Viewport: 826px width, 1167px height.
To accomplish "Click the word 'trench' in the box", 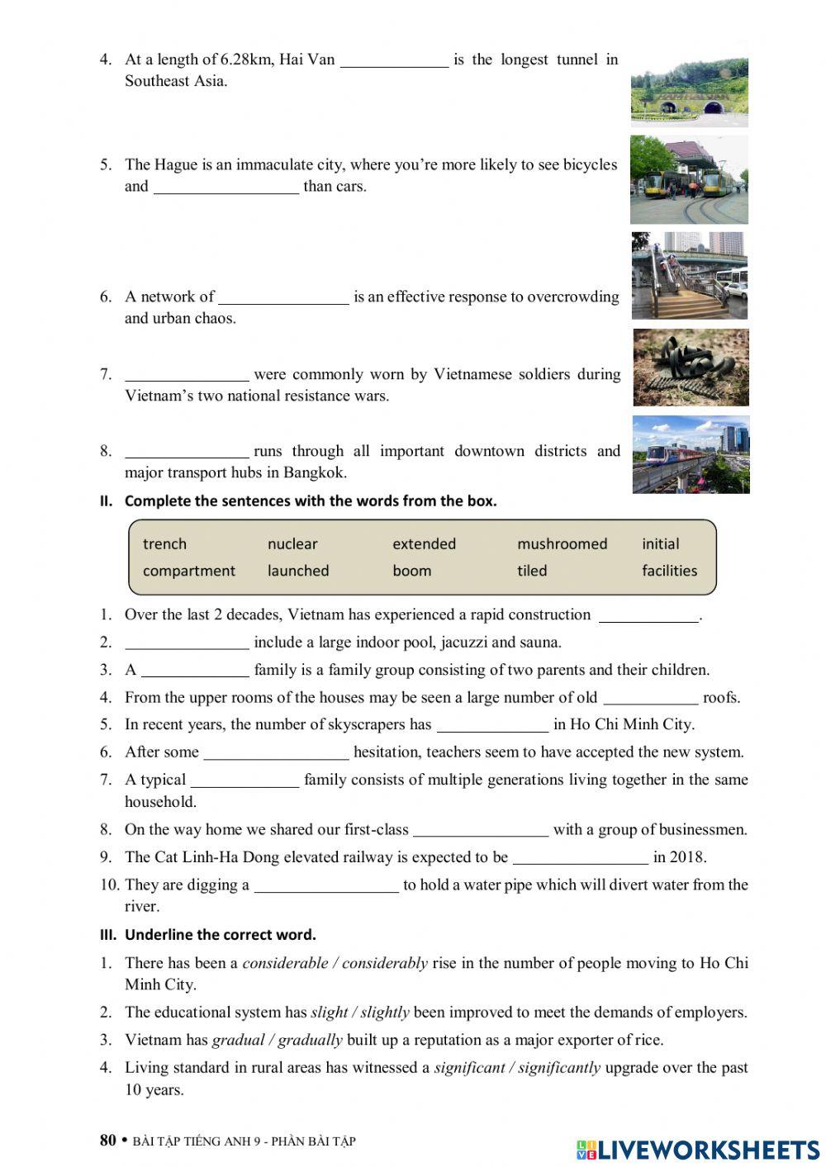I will coord(164,543).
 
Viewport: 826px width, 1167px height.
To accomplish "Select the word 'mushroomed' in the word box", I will coord(562,543).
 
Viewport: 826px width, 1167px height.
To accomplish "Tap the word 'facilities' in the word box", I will coord(669,571).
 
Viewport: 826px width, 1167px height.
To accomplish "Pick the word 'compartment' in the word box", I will coord(188,571).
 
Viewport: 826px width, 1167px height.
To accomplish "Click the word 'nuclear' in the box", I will coord(292,543).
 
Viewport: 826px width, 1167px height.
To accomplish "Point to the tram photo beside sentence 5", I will coord(689,180).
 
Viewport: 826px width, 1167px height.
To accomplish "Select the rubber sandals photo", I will coord(691,368).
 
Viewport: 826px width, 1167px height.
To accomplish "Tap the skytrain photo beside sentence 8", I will coord(691,455).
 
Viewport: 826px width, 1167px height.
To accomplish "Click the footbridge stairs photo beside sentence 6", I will coord(689,275).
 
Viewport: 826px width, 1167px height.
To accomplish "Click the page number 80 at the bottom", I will coord(108,1141).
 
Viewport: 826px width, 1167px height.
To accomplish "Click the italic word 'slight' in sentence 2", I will coord(329,1013).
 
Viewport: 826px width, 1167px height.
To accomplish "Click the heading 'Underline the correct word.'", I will coord(220,935).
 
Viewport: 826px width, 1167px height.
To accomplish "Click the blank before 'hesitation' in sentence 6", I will coord(276,753).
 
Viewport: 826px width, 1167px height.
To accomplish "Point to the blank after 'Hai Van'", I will coord(394,61).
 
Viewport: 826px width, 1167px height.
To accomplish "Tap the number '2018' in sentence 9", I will coord(687,857).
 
